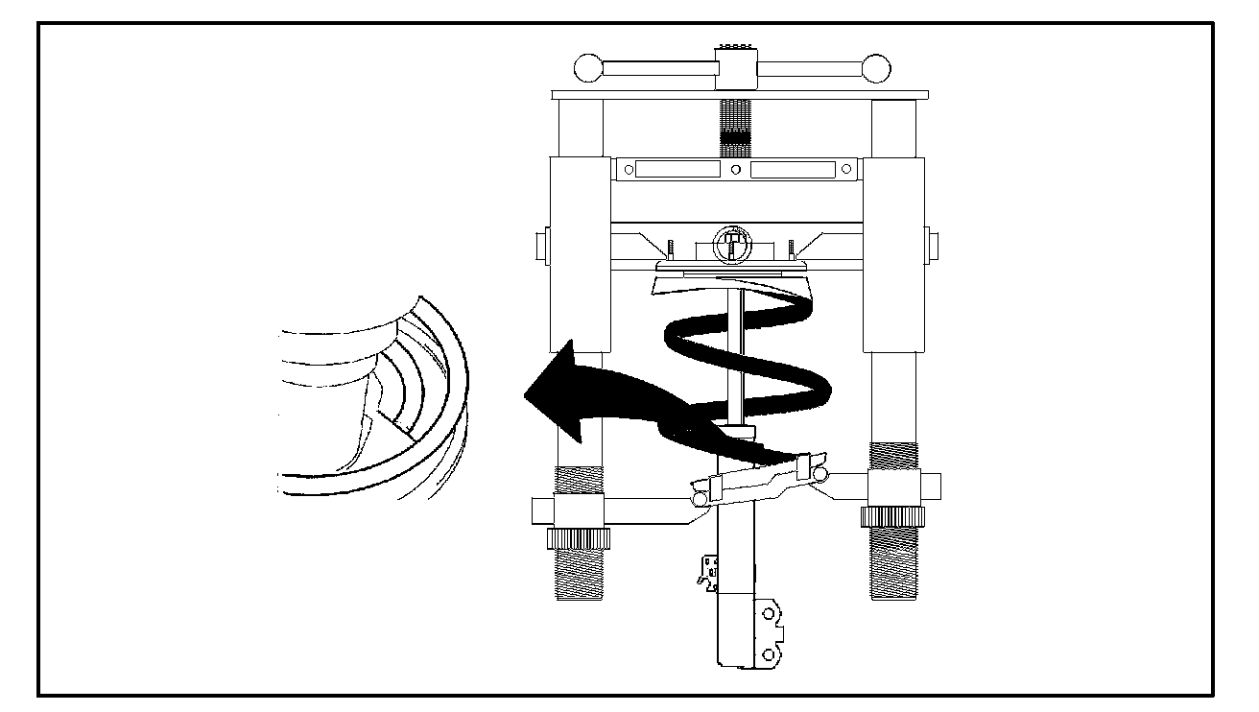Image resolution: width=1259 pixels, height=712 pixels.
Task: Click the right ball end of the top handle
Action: pyautogui.click(x=876, y=69)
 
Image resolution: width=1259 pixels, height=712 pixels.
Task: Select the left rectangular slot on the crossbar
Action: pyautogui.click(x=677, y=169)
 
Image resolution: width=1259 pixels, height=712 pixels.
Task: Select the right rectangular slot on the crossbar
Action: pyautogui.click(x=794, y=169)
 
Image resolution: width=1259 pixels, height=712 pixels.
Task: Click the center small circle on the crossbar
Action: pyautogui.click(x=735, y=170)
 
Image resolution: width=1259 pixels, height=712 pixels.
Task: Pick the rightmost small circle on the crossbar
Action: pyautogui.click(x=843, y=170)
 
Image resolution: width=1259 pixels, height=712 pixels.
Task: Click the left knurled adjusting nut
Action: pyautogui.click(x=575, y=538)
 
